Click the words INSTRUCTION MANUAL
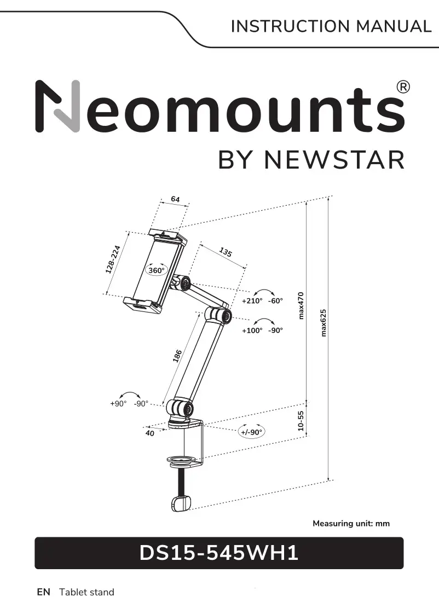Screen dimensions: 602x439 coord(331,26)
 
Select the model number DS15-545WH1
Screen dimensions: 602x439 coord(219,553)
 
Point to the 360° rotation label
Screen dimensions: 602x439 coord(157,270)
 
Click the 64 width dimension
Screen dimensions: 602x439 coord(175,200)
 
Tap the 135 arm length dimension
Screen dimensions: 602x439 coord(226,252)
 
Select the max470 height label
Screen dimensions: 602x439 coord(301,305)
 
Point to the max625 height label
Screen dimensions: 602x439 coord(323,322)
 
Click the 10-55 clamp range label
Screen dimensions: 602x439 coord(301,421)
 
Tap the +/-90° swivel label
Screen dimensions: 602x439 coord(252,432)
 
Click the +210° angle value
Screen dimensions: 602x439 coord(252,301)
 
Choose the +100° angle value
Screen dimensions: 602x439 coord(252,331)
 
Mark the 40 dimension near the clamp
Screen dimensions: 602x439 coord(149,433)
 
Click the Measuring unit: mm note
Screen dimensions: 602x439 coord(351,524)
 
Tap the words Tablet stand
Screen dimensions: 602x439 coord(86,592)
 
